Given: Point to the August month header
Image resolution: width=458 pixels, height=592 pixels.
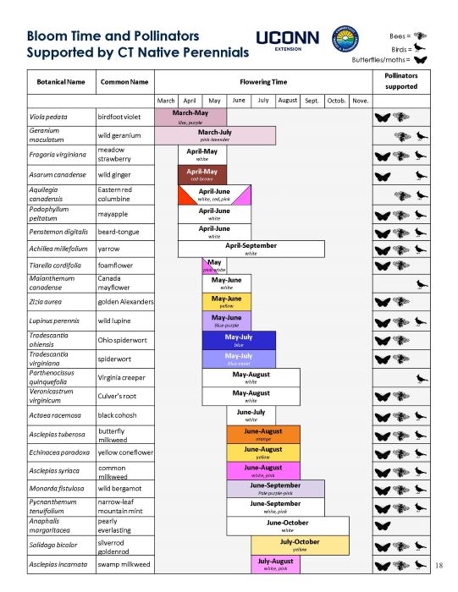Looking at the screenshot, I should (287, 101).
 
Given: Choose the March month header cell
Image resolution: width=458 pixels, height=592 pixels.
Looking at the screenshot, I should (166, 101).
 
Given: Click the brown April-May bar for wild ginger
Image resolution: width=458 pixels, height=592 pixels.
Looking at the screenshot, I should (202, 174).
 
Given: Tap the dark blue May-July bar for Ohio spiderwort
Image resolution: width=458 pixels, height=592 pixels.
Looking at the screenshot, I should (239, 340).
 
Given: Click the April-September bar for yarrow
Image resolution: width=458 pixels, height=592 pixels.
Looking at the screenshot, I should (251, 248).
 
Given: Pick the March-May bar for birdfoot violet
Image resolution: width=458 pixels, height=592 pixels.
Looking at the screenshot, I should (190, 117).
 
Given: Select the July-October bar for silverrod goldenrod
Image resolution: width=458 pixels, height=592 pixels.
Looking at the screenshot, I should (299, 545).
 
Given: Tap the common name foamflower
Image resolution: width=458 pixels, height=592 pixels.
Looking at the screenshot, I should (119, 266).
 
